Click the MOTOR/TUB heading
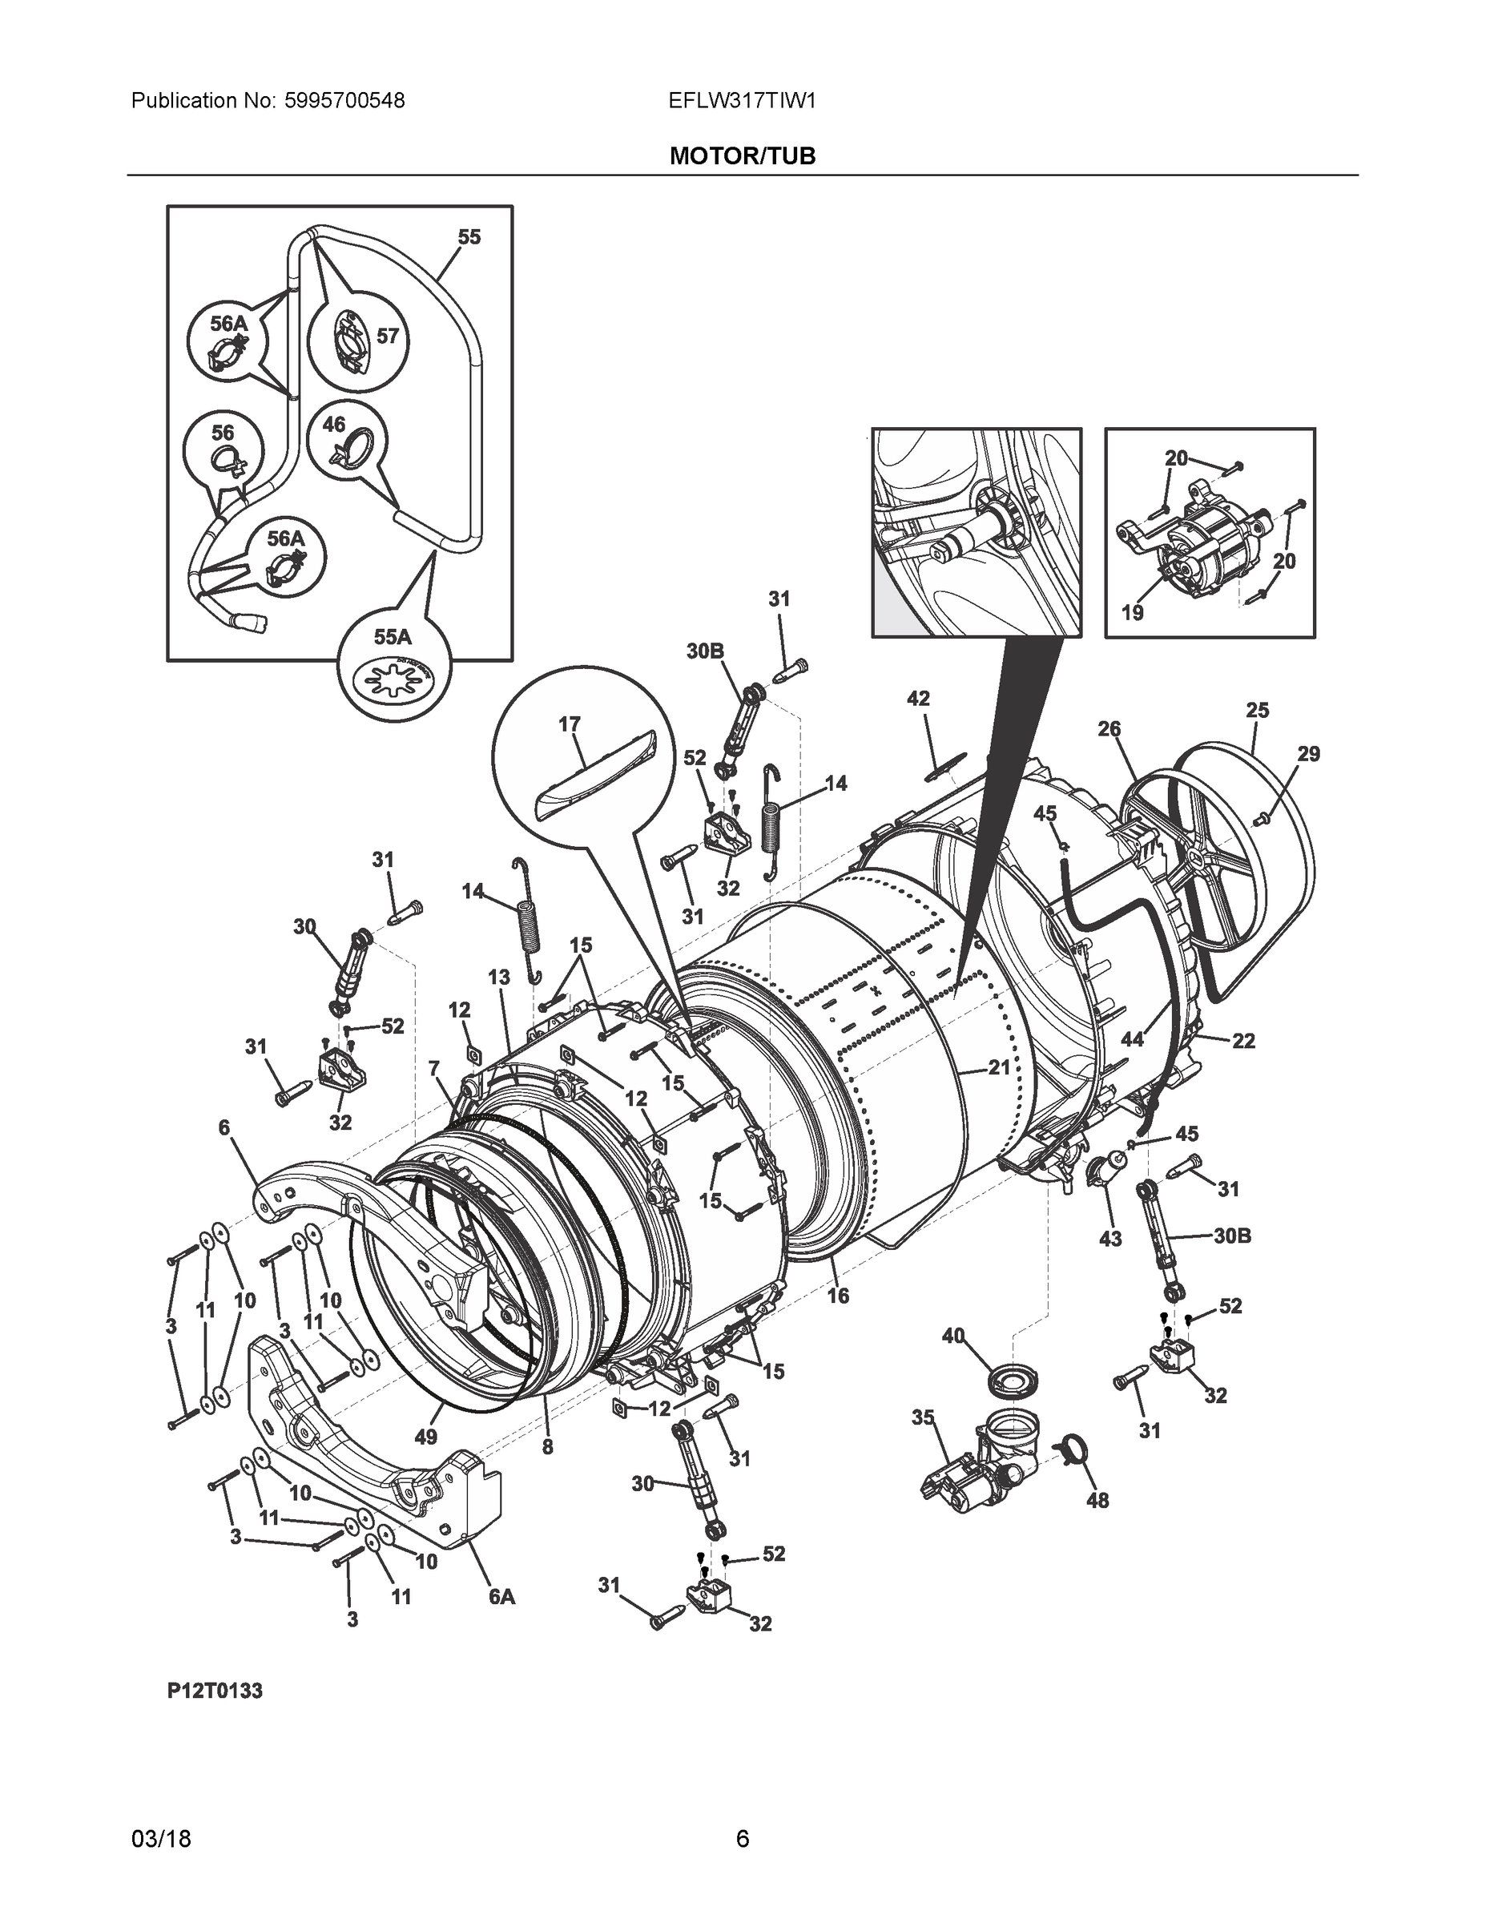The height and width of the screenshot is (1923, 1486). pyautogui.click(x=742, y=157)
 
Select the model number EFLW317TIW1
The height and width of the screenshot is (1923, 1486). pyautogui.click(x=742, y=101)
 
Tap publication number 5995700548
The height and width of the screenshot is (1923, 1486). pyautogui.click(x=344, y=101)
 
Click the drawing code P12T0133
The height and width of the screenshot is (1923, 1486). pyautogui.click(x=215, y=1691)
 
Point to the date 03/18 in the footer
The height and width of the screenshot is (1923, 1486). pyautogui.click(x=161, y=1840)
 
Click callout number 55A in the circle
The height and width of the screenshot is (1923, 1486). pyautogui.click(x=393, y=638)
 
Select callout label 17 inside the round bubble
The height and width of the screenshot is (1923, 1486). pyautogui.click(x=570, y=724)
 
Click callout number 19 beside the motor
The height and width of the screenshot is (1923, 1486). pyautogui.click(x=1132, y=612)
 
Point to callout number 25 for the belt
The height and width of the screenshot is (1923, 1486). pyautogui.click(x=1257, y=710)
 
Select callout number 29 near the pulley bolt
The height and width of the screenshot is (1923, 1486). pyautogui.click(x=1308, y=754)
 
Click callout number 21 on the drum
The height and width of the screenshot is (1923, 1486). pyautogui.click(x=998, y=1067)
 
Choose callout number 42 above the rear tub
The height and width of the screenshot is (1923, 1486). pyautogui.click(x=918, y=698)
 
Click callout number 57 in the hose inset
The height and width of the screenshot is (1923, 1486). pyautogui.click(x=388, y=336)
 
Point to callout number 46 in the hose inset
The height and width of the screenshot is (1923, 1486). pyautogui.click(x=333, y=425)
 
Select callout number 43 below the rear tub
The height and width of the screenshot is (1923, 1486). pyautogui.click(x=1110, y=1239)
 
